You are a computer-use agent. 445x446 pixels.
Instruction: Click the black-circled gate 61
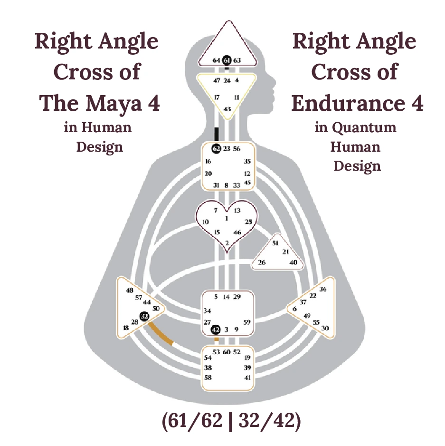click(227, 60)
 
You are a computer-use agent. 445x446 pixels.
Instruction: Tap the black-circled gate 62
click(216, 149)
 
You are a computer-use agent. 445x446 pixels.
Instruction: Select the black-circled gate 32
click(144, 316)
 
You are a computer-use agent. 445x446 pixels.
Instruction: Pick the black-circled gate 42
click(215, 329)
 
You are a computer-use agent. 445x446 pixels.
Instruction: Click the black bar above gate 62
click(216, 134)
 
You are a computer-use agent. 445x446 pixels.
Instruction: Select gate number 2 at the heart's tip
click(227, 243)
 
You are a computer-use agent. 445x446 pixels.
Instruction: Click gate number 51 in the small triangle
click(275, 243)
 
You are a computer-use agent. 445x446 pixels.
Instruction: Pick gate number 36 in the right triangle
click(323, 289)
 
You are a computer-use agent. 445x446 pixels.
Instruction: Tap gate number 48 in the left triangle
click(129, 290)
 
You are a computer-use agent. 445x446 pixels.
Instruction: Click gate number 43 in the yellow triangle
click(227, 109)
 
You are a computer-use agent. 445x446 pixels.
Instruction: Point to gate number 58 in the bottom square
click(208, 377)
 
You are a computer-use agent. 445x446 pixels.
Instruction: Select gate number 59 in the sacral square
click(246, 322)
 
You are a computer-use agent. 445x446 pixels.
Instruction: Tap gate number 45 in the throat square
click(247, 182)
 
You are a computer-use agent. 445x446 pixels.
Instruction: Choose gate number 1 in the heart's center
click(227, 218)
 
